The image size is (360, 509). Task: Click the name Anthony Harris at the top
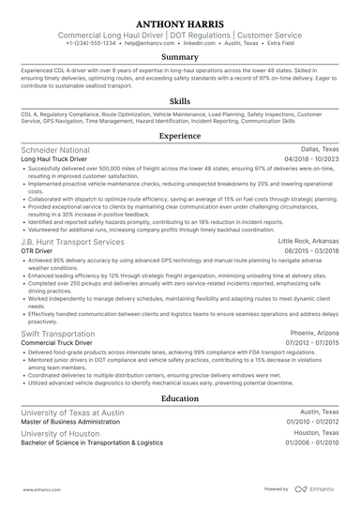180,22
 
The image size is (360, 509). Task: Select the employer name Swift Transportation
61,333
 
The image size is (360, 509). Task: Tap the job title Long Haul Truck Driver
59,160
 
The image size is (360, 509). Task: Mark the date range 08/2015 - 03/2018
310,252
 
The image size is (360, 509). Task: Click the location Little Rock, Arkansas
308,242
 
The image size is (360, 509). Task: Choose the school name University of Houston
61,434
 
